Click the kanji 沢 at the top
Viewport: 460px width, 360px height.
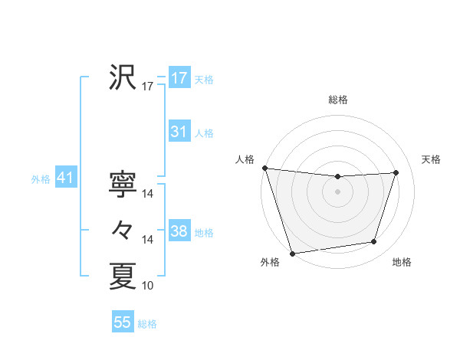coord(123,77)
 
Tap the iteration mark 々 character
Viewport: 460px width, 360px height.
coord(123,230)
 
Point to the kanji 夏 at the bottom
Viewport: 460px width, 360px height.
coord(123,276)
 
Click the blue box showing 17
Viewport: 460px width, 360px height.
coord(179,78)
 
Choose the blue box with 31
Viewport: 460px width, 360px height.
coord(179,132)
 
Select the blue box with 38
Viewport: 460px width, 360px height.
coord(179,231)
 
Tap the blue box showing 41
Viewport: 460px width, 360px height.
coord(64,178)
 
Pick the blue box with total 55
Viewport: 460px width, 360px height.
coord(123,322)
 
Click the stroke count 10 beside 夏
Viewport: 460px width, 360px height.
coord(148,286)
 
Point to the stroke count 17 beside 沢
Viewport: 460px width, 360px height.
coord(148,87)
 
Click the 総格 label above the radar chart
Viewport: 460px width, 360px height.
coord(338,100)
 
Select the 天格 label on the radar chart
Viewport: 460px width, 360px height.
coord(432,159)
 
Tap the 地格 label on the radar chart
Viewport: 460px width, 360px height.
coord(402,263)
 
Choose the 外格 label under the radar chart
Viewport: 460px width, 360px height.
coord(270,263)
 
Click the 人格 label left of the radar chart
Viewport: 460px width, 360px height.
coord(245,159)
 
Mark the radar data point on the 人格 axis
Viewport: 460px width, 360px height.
coord(264,168)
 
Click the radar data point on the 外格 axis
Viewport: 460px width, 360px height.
coord(293,253)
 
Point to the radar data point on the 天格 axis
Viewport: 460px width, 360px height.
coord(396,172)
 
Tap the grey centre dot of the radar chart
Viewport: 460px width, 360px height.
coord(337,191)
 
